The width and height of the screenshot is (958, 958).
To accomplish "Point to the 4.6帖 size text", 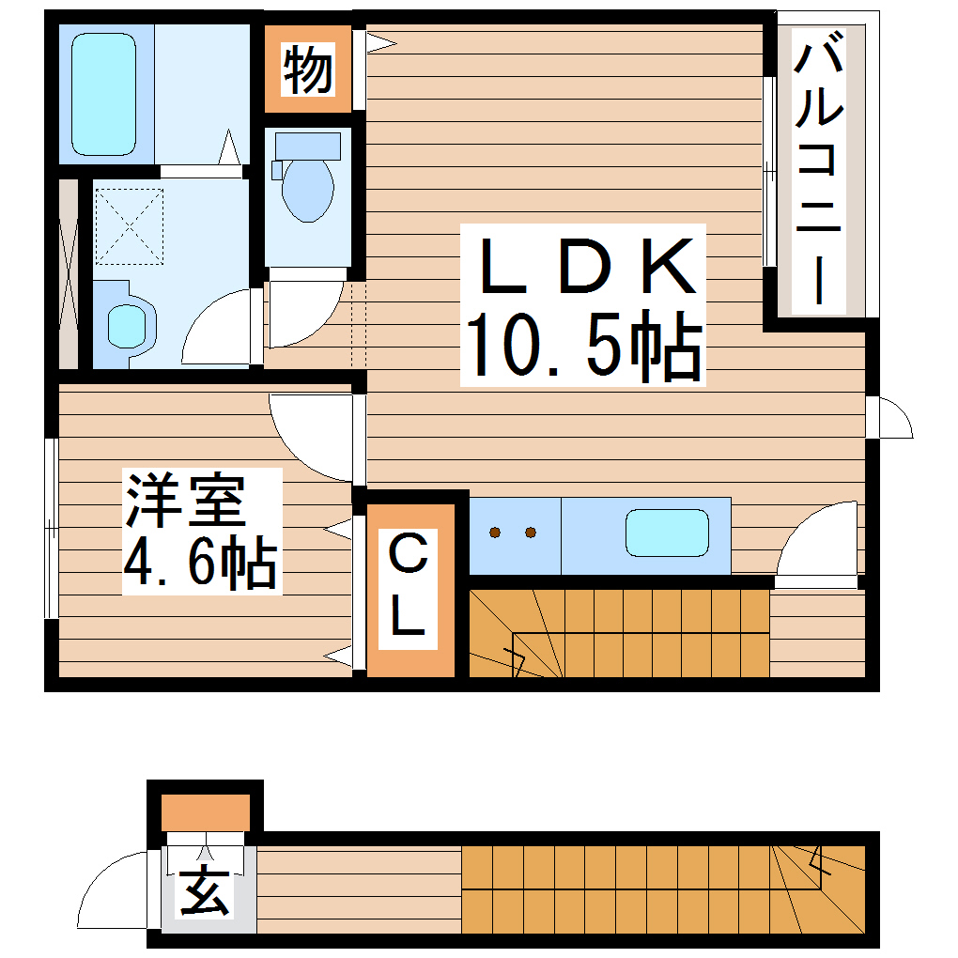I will [x=199, y=562].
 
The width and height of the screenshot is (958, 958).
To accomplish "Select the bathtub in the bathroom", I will [x=104, y=94].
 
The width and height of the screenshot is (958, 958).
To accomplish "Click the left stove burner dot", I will [x=495, y=533].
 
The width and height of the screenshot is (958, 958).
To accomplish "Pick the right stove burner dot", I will [x=531, y=533].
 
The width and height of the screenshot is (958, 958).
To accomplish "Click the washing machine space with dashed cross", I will [x=130, y=224].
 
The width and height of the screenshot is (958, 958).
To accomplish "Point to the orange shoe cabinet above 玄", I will [x=205, y=811].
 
